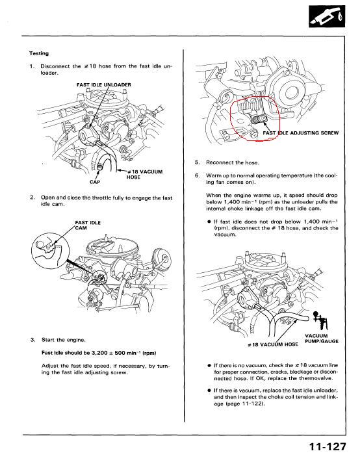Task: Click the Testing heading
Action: pos(39,53)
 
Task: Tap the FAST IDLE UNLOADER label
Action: pos(104,85)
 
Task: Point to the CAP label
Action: pos(95,182)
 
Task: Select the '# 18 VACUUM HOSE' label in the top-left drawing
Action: pos(145,174)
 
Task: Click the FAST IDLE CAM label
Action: pos(88,225)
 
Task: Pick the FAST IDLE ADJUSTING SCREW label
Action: pos(301,133)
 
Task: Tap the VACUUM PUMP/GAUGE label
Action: pos(322,339)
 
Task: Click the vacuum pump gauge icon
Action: pos(320,321)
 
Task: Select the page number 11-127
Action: pos(328,447)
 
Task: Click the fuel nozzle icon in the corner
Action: pos(327,16)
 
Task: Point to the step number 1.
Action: pos(32,66)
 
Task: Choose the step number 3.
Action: pos(32,340)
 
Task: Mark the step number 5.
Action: pos(197,162)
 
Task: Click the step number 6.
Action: pos(197,175)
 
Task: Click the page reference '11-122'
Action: pos(252,404)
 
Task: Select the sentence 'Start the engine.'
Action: pos(63,340)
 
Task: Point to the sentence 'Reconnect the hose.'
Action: pos(233,162)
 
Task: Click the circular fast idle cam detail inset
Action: pos(51,251)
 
